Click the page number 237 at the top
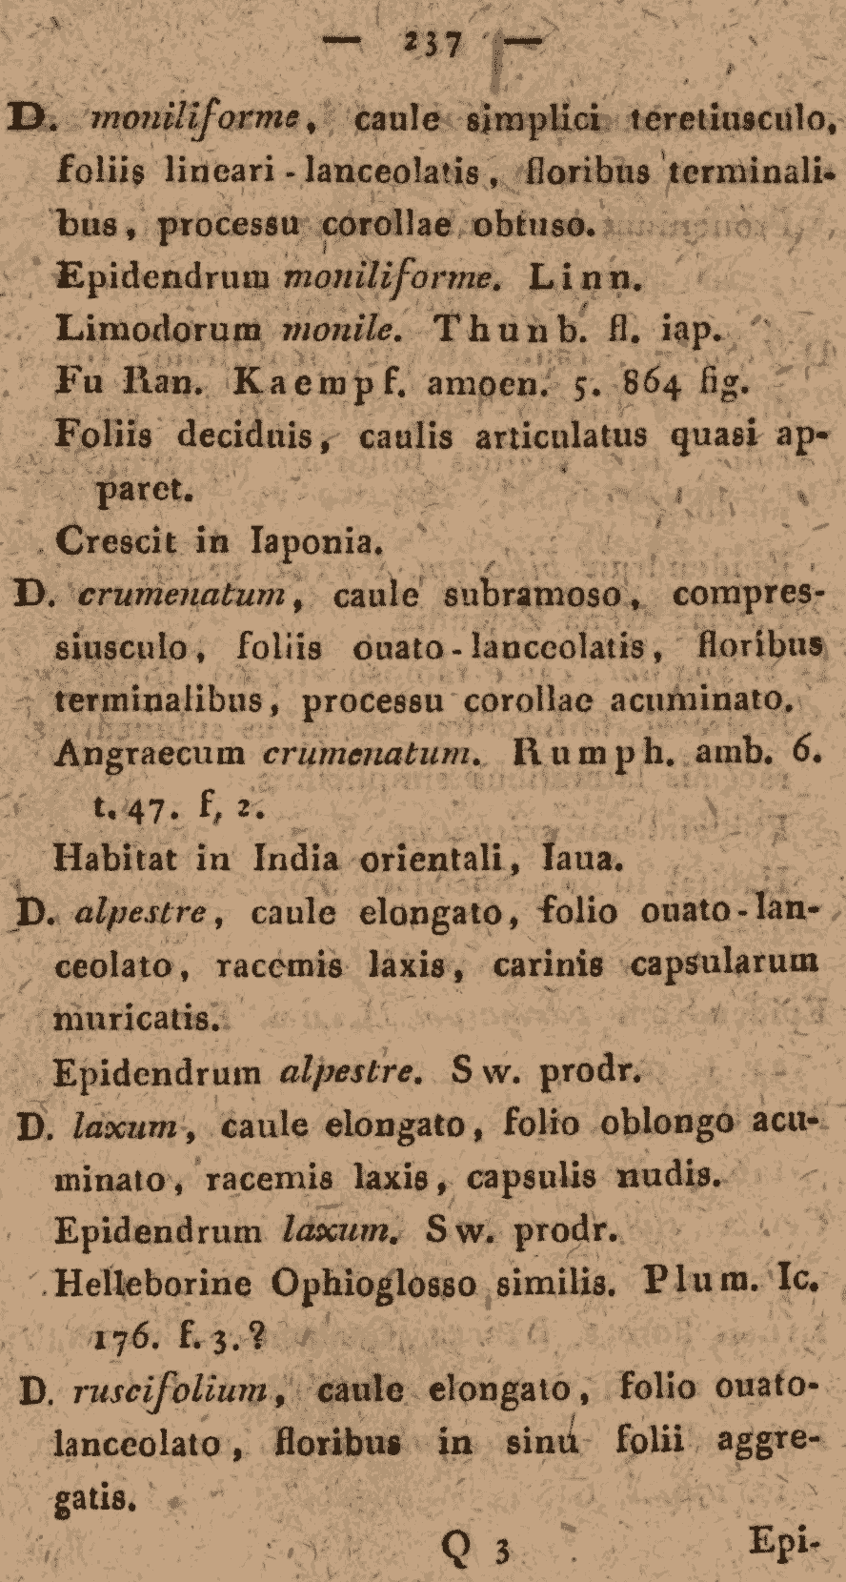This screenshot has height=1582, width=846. (433, 44)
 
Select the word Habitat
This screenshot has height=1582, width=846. (116, 859)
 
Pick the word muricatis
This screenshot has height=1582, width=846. (138, 1018)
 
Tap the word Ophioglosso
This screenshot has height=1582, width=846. (373, 1284)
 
